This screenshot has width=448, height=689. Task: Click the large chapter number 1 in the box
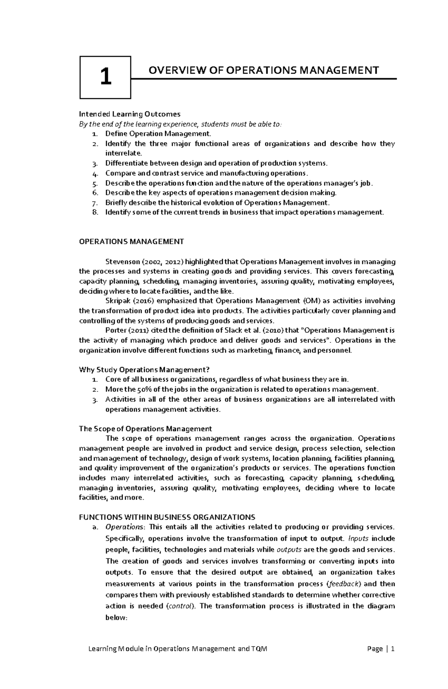(x=106, y=77)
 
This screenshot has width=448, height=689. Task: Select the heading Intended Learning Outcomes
(x=130, y=114)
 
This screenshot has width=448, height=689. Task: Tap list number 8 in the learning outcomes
(x=95, y=212)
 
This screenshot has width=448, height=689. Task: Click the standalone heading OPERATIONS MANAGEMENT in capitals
(x=131, y=242)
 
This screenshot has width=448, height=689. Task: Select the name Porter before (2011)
(x=116, y=330)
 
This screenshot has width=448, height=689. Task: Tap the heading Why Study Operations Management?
(x=144, y=370)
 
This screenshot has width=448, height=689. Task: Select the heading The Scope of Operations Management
(x=145, y=429)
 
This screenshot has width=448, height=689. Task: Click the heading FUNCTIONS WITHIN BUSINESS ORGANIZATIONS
(x=167, y=517)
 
